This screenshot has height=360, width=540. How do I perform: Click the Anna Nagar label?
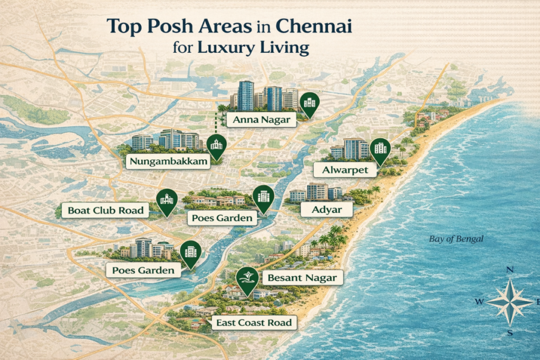point(262,120)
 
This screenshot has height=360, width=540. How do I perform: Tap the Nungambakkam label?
point(168,161)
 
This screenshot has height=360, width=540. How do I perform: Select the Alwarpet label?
point(345,170)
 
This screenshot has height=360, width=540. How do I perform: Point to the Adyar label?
point(326,210)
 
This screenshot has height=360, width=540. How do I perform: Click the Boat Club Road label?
point(105,211)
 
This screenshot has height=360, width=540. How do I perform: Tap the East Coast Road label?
point(254,323)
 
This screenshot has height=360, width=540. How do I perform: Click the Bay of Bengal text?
point(456,239)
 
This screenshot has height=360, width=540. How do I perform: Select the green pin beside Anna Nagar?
point(309,104)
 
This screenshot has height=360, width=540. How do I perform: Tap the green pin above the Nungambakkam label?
point(216,146)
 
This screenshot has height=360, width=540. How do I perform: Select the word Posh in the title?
point(166,26)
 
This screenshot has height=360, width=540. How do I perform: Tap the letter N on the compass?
point(510,269)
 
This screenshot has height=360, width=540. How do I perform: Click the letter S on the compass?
point(509,333)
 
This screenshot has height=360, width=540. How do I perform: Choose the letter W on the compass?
point(479,301)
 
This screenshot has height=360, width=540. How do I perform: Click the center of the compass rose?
point(509,301)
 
